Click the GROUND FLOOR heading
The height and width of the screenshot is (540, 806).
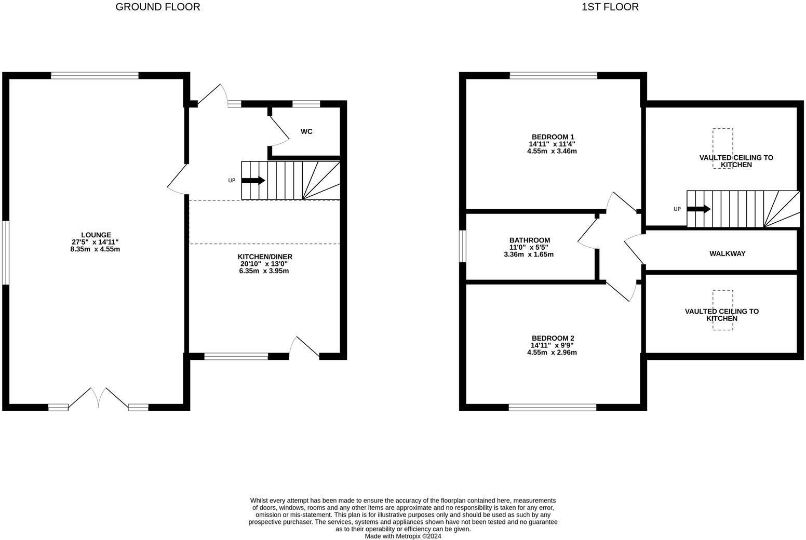point(157,7)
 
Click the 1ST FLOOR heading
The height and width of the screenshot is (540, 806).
point(610,7)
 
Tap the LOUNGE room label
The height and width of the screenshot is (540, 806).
point(96,235)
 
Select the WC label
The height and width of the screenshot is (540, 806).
point(306,131)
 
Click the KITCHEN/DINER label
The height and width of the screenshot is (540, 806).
point(265,256)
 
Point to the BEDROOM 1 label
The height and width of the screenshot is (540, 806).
point(552,137)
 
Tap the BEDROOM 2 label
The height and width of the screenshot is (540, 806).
point(552,338)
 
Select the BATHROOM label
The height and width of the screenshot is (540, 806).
point(529,240)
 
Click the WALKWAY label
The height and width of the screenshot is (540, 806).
point(727,253)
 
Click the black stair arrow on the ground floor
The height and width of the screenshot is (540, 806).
point(253,181)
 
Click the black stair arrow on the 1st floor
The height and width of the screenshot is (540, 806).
point(699,209)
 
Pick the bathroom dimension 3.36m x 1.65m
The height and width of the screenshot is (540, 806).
point(529,254)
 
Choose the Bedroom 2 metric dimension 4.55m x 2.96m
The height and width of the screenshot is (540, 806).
point(552,352)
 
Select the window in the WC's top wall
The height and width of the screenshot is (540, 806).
point(306,104)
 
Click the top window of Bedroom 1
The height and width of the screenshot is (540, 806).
point(554,76)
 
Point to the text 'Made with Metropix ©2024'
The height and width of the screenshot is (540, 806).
point(403,536)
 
